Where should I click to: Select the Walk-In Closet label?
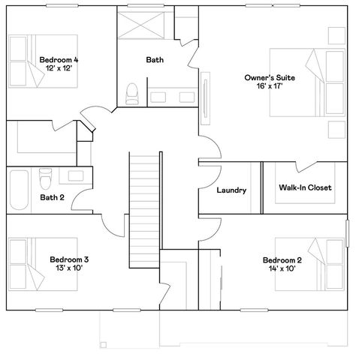305,187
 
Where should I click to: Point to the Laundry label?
231,190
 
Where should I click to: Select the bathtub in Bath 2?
20,190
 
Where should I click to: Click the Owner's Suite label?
264,77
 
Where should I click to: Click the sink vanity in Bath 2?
74,175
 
